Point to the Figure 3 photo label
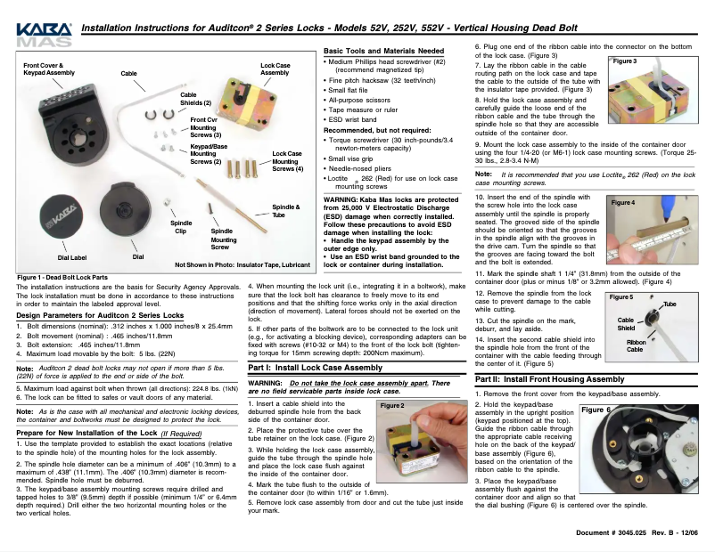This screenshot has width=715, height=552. tap(622, 61)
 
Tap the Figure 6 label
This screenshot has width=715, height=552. tap(595, 410)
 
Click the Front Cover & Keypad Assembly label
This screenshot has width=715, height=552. tap(49, 69)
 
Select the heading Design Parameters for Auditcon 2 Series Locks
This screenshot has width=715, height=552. tap(100, 315)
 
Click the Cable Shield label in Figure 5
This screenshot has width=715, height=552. tap(626, 323)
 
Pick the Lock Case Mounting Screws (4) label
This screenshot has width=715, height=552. tap(287, 161)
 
